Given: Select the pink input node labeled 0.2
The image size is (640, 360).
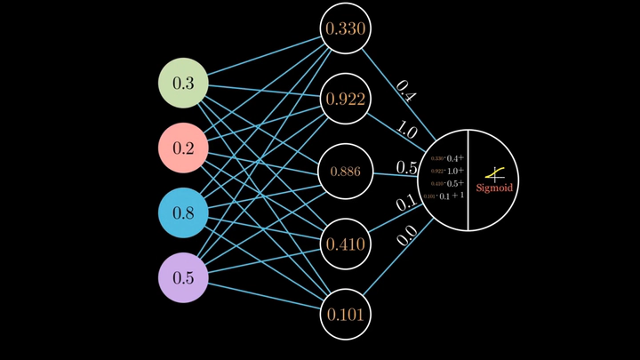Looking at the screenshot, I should coord(183,148).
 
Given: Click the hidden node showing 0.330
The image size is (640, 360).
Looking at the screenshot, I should coord(344,29).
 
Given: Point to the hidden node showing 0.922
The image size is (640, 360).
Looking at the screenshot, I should coord(344,100).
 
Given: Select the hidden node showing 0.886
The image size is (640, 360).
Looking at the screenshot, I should coord(344,171).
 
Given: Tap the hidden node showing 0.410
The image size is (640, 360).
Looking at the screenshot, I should coord(344,243).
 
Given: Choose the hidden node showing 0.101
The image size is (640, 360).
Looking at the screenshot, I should coord(344,315).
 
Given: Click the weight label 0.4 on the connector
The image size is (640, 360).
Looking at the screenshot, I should coord(405,91).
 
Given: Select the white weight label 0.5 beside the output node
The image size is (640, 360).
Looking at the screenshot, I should coord(407,167).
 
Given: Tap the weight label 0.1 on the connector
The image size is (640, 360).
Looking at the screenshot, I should coord(406,204).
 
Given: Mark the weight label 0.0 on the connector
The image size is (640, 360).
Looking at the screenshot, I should coord(406,236).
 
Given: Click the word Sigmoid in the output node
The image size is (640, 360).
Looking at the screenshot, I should coord(494,188).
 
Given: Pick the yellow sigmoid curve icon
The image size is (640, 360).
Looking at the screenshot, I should coord(496,173).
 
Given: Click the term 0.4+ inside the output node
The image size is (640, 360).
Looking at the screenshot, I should coord(455,158).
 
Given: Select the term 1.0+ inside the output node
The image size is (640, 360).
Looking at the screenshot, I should coord(455,171).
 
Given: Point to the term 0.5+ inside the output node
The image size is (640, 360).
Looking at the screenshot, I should coord(455,183).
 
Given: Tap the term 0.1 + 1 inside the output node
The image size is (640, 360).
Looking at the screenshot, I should coord(454,196).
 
